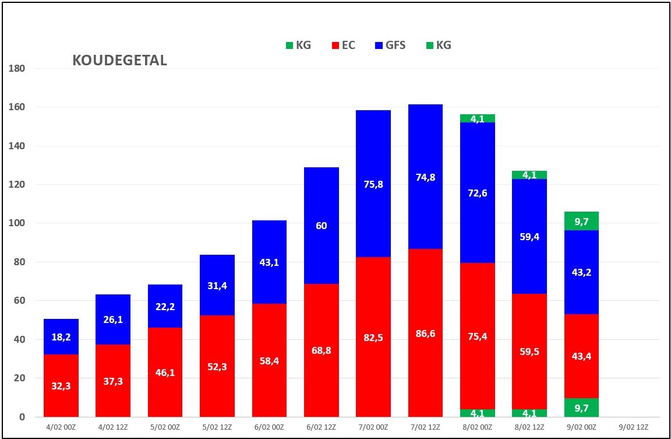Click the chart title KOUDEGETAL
tap(120, 61)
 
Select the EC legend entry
tap(344, 45)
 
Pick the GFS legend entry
tap(389, 45)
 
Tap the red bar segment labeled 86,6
tap(425, 333)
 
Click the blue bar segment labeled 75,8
tap(373, 184)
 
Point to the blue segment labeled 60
tap(322, 226)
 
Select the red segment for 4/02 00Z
tap(61, 385)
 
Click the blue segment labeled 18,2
tap(61, 336)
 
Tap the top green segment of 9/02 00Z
tap(581, 221)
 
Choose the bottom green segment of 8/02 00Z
tap(478, 413)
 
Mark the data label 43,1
tap(269, 262)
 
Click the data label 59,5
tap(529, 352)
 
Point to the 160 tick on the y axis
tap(17, 107)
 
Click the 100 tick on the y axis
tap(17, 223)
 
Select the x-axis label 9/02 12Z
tap(633, 427)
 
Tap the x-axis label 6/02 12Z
tap(322, 427)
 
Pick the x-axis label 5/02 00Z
tap(165, 427)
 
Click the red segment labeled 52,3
tap(217, 366)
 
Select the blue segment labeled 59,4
tap(529, 237)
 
